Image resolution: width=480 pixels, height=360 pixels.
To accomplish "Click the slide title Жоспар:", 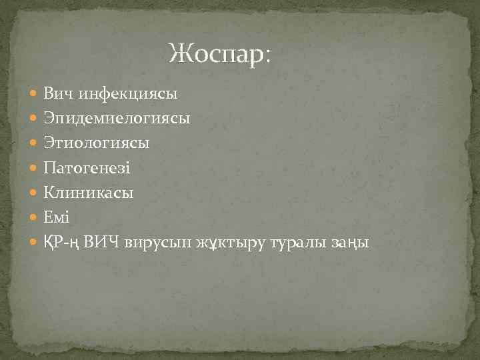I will pos(220,53).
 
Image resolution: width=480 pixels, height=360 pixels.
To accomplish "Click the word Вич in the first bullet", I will pos(59,93).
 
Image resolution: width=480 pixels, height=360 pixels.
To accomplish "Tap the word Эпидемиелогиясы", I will pos(117,119).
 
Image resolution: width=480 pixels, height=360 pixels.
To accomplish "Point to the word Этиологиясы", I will pos(97,143).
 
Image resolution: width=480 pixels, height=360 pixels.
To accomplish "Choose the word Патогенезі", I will pos(87,168).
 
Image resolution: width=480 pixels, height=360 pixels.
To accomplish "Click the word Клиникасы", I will pos(89,193).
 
